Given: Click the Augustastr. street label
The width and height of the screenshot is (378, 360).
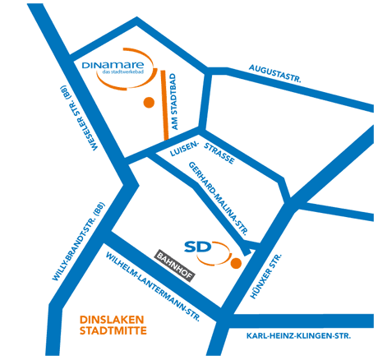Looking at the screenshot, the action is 274,73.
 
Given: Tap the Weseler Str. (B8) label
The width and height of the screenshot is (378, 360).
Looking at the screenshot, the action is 79,118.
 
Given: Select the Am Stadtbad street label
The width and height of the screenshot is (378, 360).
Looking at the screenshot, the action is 174,102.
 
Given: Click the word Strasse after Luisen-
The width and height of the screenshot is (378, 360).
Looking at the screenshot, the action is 219,154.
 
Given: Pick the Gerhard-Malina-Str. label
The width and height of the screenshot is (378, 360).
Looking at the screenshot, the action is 218,199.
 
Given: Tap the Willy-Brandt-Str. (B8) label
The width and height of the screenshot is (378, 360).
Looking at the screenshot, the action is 78,242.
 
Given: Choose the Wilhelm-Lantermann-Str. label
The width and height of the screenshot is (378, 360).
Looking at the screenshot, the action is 153,287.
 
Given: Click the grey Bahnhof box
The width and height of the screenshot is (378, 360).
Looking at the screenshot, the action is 175,265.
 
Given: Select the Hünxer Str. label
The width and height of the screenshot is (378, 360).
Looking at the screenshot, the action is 266,276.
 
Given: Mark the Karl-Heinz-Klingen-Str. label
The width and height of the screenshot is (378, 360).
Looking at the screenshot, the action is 298,336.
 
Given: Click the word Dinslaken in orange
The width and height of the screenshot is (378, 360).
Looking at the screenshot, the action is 112,320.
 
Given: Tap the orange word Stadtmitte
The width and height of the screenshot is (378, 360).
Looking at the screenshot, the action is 113,330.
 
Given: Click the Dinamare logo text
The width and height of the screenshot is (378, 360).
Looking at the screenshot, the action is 113,65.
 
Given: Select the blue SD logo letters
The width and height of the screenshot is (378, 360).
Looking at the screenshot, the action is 198,247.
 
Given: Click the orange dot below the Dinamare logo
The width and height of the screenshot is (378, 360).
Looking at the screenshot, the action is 149,102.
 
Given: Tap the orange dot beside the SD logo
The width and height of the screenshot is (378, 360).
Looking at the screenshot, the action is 236,263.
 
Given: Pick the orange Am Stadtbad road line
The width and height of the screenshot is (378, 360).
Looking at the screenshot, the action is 164,105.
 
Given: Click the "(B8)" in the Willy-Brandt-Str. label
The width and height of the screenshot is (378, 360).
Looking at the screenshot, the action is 99,210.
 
